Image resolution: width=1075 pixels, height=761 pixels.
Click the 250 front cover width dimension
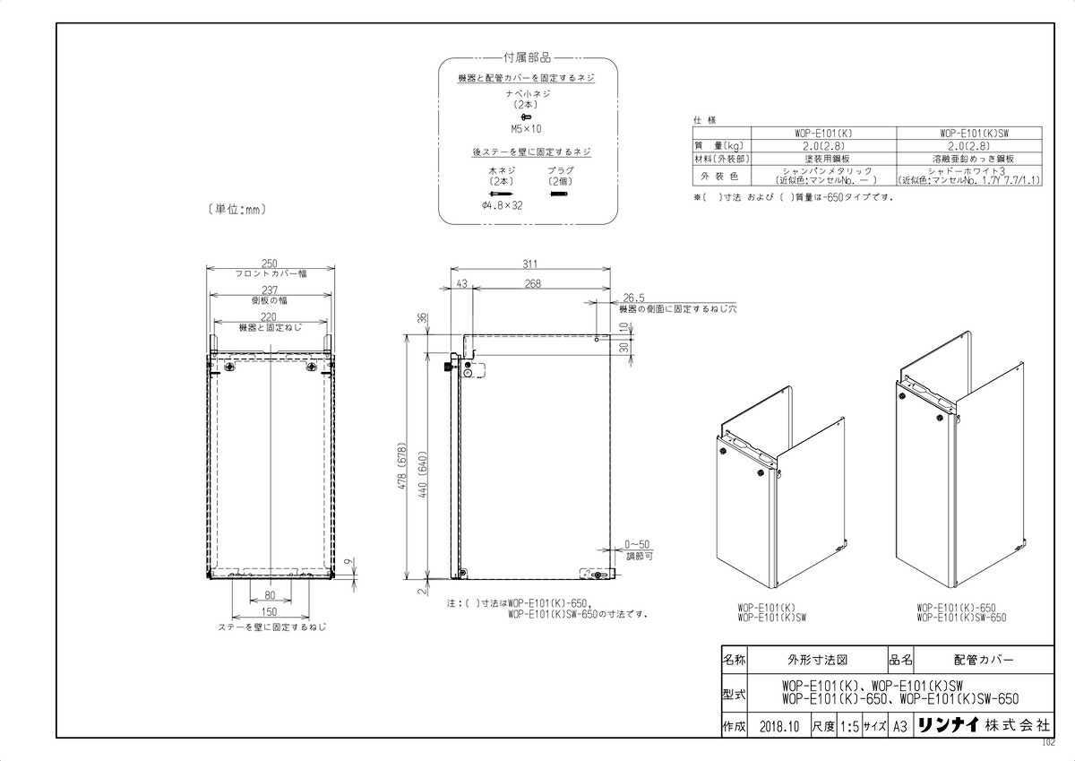(x=269, y=263)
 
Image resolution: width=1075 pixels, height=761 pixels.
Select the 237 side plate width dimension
(x=269, y=290)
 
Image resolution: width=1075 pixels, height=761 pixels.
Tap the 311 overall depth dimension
(x=530, y=264)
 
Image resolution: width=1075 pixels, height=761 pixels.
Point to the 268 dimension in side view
(x=533, y=284)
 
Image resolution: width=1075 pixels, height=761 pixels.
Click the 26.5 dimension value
(x=632, y=298)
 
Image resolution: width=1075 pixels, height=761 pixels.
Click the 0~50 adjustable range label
(x=637, y=545)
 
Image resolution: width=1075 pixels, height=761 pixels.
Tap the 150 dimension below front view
(x=269, y=612)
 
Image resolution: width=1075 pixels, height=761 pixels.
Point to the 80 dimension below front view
(x=269, y=595)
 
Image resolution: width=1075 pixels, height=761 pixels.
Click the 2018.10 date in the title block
(x=778, y=727)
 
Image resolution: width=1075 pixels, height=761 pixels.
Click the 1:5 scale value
(x=849, y=727)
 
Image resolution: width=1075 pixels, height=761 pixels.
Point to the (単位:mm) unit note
(x=236, y=210)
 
